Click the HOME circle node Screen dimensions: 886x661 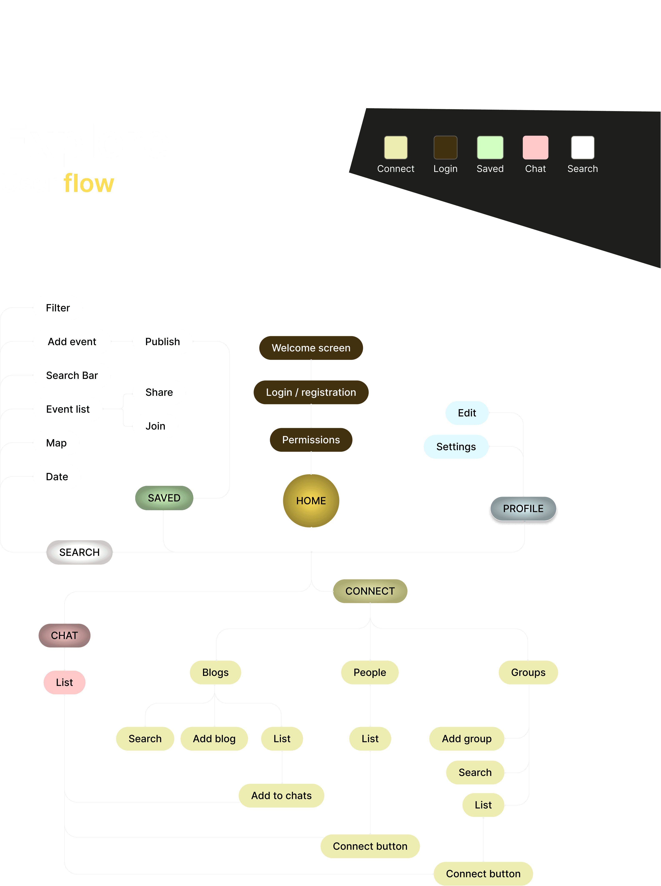[x=311, y=501]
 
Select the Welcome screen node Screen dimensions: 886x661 [x=311, y=348]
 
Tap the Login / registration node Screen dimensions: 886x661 [x=311, y=392]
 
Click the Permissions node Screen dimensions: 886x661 [x=311, y=440]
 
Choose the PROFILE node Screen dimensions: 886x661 [x=523, y=509]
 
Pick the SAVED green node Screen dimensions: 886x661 [x=164, y=498]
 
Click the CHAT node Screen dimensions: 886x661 [x=64, y=635]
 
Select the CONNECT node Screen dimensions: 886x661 [x=370, y=591]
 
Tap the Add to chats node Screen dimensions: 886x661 [x=281, y=796]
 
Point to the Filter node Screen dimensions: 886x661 [x=58, y=308]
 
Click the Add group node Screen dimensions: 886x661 [x=467, y=739]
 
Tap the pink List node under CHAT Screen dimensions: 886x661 [x=64, y=682]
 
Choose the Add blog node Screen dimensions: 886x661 [x=214, y=739]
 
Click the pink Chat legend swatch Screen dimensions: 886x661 [x=535, y=148]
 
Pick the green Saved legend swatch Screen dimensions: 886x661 [x=490, y=148]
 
